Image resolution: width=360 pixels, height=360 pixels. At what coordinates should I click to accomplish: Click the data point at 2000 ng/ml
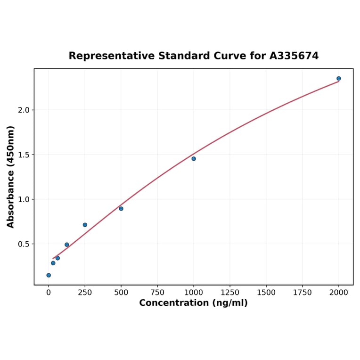coord(339,79)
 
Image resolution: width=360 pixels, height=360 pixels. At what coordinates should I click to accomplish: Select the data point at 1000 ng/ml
coord(194,159)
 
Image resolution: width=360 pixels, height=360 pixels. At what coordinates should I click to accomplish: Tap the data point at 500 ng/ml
coord(121,209)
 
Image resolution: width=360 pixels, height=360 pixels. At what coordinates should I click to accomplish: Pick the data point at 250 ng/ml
coord(85,225)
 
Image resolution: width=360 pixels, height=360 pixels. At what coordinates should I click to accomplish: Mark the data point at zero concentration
coord(49,275)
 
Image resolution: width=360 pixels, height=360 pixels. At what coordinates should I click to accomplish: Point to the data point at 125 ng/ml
coord(67,245)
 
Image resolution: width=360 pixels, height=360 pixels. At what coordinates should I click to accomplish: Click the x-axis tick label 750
coord(157,293)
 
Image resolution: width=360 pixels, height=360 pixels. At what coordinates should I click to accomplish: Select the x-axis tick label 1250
coord(230,293)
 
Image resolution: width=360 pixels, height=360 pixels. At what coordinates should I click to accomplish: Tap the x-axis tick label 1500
coord(266,293)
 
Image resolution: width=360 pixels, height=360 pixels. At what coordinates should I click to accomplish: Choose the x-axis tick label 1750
coord(303,293)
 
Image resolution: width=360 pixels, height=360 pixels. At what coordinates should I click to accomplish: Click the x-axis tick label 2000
coord(339,293)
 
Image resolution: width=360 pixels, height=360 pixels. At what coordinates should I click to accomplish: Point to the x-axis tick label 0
coord(49,293)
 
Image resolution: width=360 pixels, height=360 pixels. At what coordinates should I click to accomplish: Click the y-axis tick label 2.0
coord(24,110)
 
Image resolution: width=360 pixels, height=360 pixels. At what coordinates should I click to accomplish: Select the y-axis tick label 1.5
coord(24,155)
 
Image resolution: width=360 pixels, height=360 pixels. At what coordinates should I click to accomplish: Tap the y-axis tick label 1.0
coord(24,199)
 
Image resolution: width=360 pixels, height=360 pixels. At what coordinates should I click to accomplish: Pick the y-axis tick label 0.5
coord(24,244)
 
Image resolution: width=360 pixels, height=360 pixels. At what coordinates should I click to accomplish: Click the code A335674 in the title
coord(294,56)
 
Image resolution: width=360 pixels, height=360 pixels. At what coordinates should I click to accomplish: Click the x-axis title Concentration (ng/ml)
coord(193,303)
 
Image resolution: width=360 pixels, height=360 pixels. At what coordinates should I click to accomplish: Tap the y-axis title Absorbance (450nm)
coord(11,177)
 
